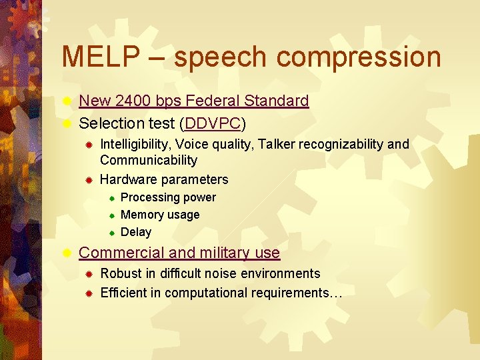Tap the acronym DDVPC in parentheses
pos(213,123)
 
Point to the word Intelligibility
pos(135,145)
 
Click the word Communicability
pos(149,160)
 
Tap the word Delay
pos(136,232)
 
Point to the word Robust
pos(121,273)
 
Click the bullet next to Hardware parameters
pos(87,180)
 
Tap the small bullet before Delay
pos(113,233)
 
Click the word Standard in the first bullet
pos(276,101)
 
